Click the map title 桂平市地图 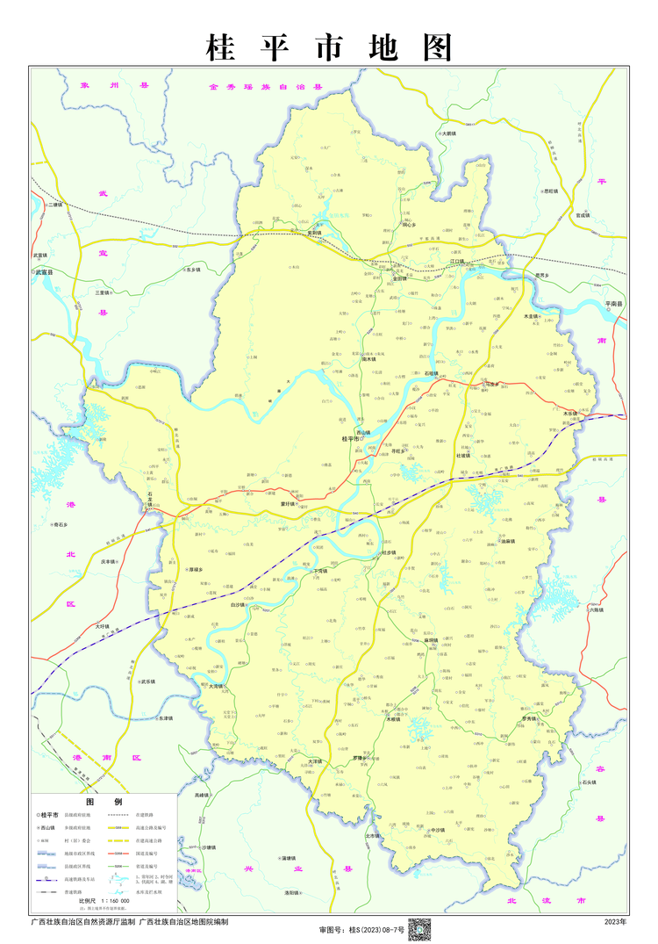click(x=329, y=47)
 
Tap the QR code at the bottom click(x=419, y=928)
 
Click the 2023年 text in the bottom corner click(x=616, y=922)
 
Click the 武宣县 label click(x=44, y=273)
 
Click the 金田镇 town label click(x=400, y=278)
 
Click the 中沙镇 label click(x=438, y=829)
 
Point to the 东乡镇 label click(x=194, y=270)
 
